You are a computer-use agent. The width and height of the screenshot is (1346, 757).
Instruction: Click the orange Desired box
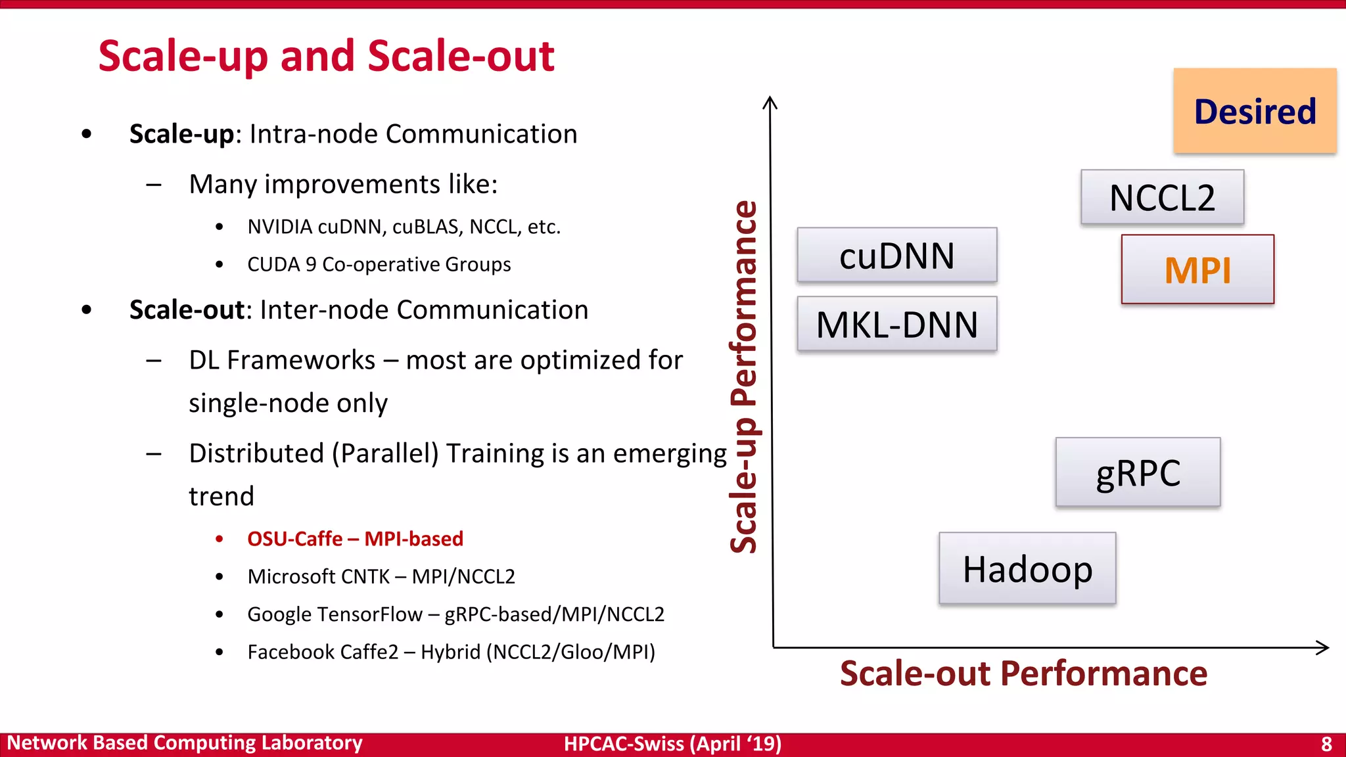pos(1255,111)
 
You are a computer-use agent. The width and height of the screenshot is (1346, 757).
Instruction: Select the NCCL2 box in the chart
pos(1162,198)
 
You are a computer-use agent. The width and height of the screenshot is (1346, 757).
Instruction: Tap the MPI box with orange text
pos(1197,270)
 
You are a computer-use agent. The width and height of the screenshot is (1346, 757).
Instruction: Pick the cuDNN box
pos(896,256)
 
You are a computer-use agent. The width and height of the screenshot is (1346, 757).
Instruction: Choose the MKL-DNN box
pos(896,325)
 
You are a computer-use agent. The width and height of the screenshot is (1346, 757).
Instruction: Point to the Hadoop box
pos(1027,569)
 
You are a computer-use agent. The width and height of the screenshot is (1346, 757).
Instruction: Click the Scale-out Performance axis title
pos(1023,674)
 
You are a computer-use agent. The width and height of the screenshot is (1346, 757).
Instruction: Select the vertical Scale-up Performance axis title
pos(743,376)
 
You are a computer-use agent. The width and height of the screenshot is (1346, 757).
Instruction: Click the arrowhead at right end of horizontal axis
pos(1324,647)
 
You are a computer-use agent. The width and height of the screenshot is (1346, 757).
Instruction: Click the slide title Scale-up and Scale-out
pos(326,56)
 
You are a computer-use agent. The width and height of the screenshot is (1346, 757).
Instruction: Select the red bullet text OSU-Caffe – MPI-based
pos(355,539)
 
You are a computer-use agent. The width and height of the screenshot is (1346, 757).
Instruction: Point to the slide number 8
pos(1326,745)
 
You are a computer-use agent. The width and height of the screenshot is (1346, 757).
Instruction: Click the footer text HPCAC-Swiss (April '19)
pos(672,744)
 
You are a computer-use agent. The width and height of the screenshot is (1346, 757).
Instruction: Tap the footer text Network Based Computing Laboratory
pos(185,743)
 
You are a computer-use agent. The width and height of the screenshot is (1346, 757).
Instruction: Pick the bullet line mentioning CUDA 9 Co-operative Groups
pos(379,264)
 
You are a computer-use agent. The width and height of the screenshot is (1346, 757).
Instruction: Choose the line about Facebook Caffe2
pos(451,652)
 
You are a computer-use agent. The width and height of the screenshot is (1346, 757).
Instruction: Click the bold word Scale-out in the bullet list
pos(187,310)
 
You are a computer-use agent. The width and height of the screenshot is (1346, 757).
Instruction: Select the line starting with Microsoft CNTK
pos(381,576)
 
